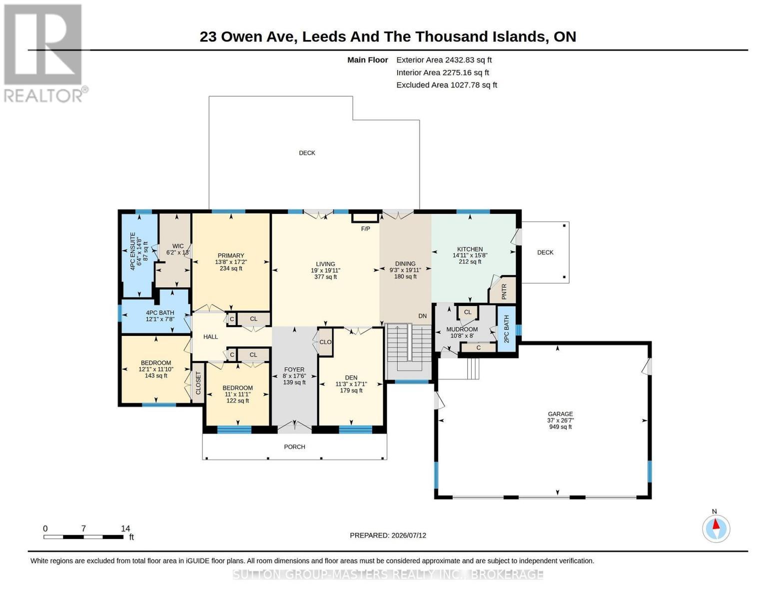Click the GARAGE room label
point(560,413)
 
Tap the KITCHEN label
point(470,249)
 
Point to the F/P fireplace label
point(365,228)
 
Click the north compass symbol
point(716,528)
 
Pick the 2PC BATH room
point(506,329)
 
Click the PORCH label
point(295,446)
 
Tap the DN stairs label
point(422,316)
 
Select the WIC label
point(178,246)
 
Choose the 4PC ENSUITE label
point(133,251)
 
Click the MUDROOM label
point(462,329)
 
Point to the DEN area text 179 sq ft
point(351,390)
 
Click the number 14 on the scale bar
point(125,528)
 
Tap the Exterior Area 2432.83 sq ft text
point(444,60)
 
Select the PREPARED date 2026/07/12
point(409,535)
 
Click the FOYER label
point(294,369)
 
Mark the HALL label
point(210,336)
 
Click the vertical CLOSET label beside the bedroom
point(198,383)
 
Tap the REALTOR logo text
point(43,96)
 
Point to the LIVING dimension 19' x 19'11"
point(325,270)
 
